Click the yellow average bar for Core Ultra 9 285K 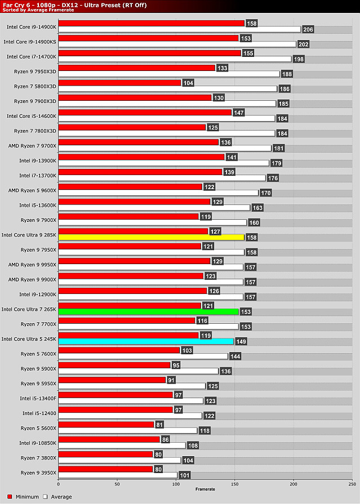point(151,238)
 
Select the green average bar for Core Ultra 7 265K point(149,311)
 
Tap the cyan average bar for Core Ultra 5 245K point(145,341)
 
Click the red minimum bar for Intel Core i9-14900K point(151,23)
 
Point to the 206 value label point(308,29)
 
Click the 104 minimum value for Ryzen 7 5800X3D point(188,82)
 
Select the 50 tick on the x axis point(117,483)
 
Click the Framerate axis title point(205,489)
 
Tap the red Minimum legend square point(5,497)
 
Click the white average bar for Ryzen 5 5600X point(127,430)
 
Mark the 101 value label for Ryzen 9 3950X point(184,475)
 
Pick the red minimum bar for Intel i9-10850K point(109,439)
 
